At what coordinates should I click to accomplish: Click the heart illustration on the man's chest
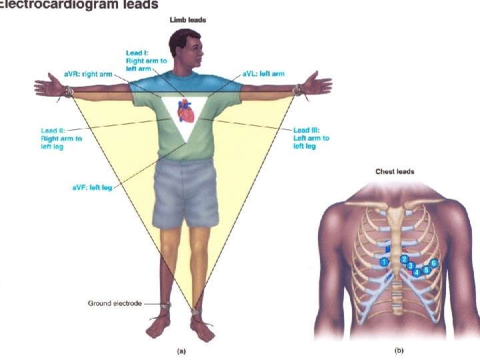187,111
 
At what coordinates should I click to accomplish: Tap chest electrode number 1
384,262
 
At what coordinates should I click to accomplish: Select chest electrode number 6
434,263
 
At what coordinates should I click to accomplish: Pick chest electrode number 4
417,272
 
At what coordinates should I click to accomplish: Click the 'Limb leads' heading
188,21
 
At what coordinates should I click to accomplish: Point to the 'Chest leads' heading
395,171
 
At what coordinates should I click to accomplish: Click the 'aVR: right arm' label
87,69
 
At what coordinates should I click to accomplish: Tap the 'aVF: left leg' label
92,188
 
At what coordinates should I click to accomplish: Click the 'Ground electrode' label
115,303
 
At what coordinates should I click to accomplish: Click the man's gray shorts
186,197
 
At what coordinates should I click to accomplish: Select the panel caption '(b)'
399,349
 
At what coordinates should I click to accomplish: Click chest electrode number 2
404,259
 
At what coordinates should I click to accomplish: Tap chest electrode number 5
426,270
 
